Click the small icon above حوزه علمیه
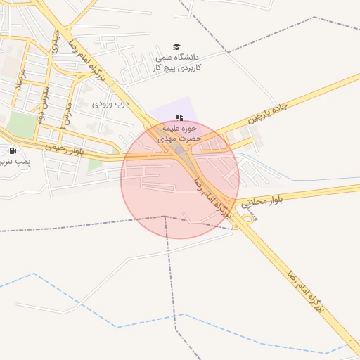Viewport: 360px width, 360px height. pos(179,117)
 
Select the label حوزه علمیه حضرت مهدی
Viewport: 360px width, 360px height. pos(182,134)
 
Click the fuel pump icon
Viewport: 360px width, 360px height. pos(13,150)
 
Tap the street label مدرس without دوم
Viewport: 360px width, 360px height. pos(67,112)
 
